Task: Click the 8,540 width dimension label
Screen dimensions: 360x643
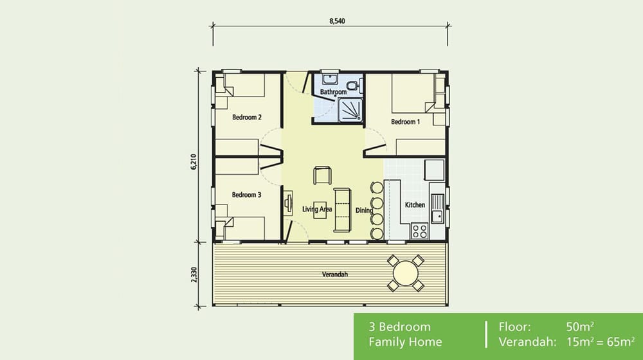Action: tap(336, 21)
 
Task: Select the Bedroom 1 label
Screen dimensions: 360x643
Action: tap(404, 122)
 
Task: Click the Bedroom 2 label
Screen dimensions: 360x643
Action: tap(246, 118)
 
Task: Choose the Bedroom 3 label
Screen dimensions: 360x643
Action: tap(246, 195)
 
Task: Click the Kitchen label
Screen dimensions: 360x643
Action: tap(415, 205)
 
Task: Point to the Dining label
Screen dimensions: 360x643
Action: tap(365, 210)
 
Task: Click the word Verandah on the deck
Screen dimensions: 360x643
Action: tap(335, 274)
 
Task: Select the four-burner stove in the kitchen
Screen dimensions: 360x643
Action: tap(421, 230)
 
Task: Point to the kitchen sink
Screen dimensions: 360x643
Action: tap(438, 205)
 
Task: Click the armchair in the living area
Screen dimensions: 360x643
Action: tap(322, 175)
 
